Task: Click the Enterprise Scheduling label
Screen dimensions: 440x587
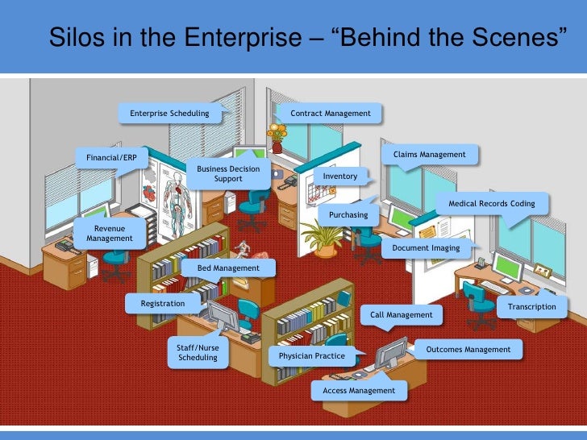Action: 169,114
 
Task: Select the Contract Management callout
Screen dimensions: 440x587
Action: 331,114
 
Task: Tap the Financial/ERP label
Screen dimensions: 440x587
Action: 106,157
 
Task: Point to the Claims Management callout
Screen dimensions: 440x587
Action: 429,155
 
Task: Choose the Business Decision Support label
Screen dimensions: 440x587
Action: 228,173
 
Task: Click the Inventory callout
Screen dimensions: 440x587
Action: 339,176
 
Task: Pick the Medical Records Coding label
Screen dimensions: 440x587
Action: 492,204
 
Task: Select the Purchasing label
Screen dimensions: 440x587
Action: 348,215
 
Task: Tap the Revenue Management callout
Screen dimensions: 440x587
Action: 110,234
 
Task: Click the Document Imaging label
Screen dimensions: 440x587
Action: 426,248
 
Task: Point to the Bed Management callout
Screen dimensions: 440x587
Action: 228,268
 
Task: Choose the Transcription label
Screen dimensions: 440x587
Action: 532,307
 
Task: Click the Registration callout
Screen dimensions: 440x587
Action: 163,304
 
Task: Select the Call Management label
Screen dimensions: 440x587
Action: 402,315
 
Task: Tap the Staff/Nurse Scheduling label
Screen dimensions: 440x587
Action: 198,353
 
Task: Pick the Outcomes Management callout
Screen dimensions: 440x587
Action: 468,350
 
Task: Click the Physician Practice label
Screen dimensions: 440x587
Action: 312,355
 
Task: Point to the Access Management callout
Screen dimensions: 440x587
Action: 359,391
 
